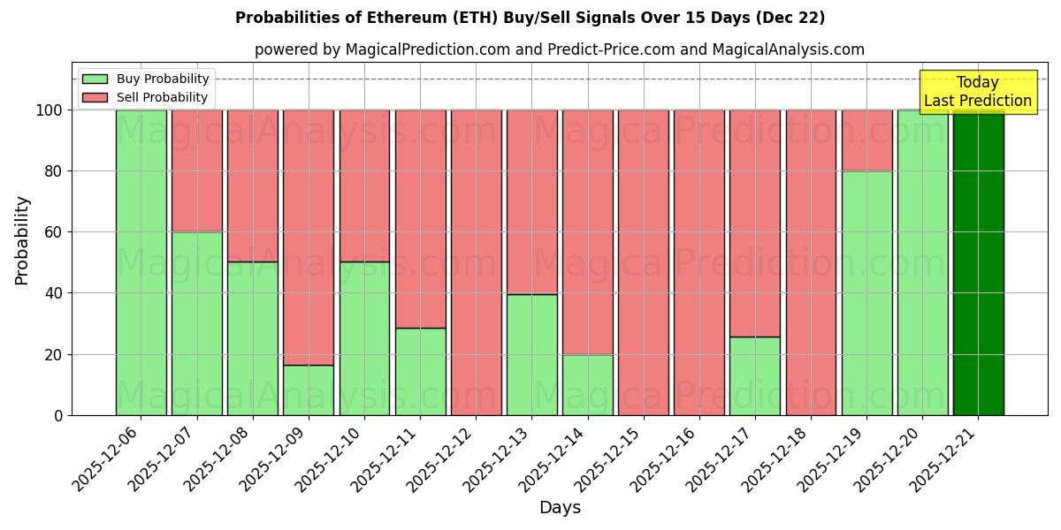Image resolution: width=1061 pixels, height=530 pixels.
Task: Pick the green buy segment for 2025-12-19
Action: coord(866,292)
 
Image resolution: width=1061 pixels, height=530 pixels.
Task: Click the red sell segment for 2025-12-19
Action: coord(866,140)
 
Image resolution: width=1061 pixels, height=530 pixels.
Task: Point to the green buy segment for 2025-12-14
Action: coord(587,384)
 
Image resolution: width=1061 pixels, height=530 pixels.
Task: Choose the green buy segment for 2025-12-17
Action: coord(755,375)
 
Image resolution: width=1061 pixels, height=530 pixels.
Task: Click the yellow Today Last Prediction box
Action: coord(977,92)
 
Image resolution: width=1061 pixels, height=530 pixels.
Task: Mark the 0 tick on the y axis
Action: coord(58,415)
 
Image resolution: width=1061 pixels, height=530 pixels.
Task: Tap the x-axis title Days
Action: coord(560,508)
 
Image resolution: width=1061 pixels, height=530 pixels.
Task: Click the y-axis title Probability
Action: coord(22,240)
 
